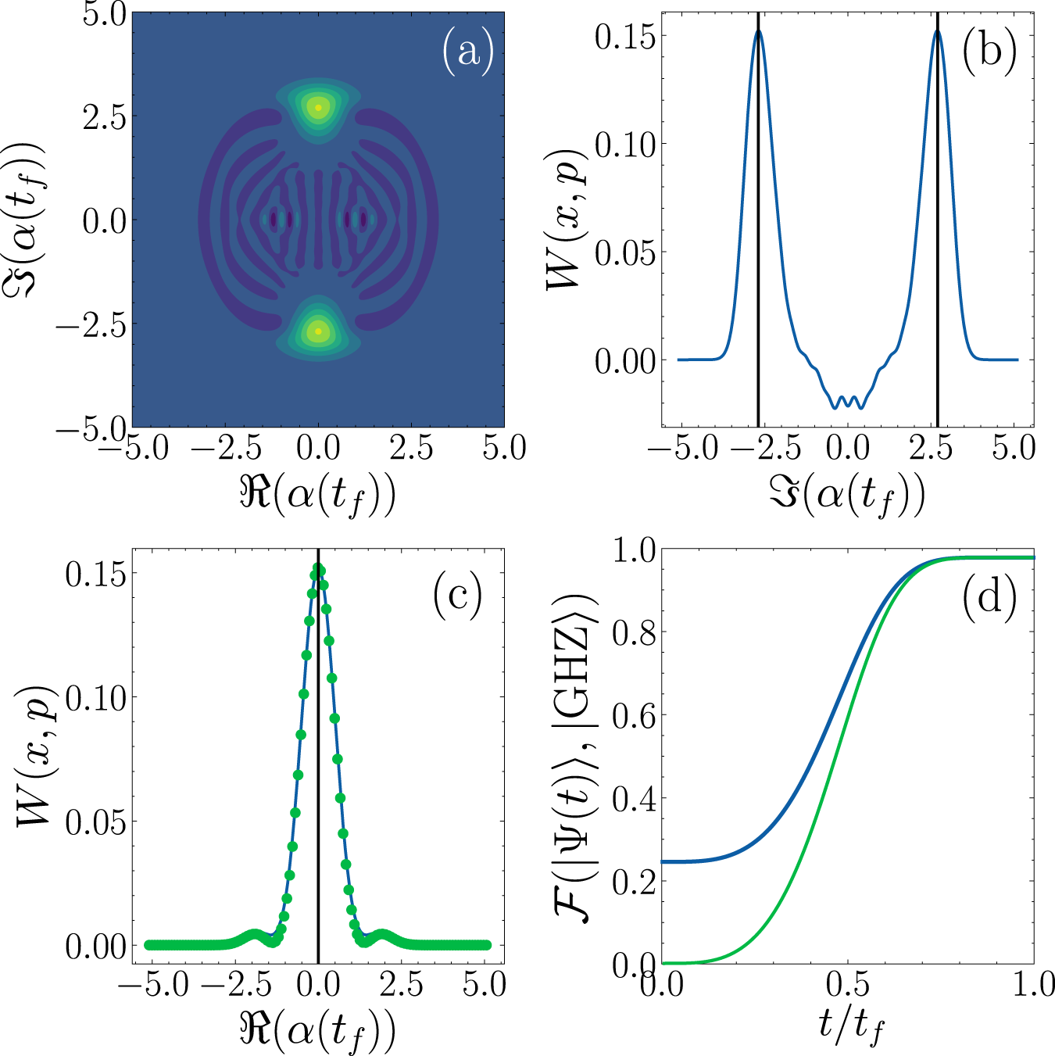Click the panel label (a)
pos(468,52)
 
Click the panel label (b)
pos(989,52)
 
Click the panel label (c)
pos(457,597)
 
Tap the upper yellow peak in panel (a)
pos(318,107)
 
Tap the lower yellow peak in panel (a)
pos(318,331)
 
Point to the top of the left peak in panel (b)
pos(758,31)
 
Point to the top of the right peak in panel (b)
pos(938,31)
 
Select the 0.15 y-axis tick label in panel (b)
pos(625,36)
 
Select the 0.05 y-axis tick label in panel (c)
pos(95,822)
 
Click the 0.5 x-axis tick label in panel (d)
pos(848,985)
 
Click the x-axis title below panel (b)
pos(848,495)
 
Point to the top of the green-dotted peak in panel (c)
pos(318,568)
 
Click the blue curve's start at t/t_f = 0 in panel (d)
pos(663,861)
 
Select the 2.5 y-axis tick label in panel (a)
pos(104,117)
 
